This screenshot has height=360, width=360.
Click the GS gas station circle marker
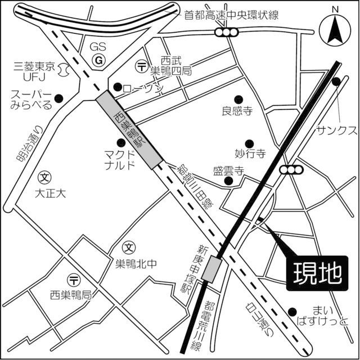[99, 59]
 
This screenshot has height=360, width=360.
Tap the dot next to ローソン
[118, 87]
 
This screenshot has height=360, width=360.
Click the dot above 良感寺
[238, 98]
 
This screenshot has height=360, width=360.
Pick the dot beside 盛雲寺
[228, 181]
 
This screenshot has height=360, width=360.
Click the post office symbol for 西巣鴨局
[73, 280]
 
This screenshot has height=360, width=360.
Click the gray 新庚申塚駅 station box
[213, 269]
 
